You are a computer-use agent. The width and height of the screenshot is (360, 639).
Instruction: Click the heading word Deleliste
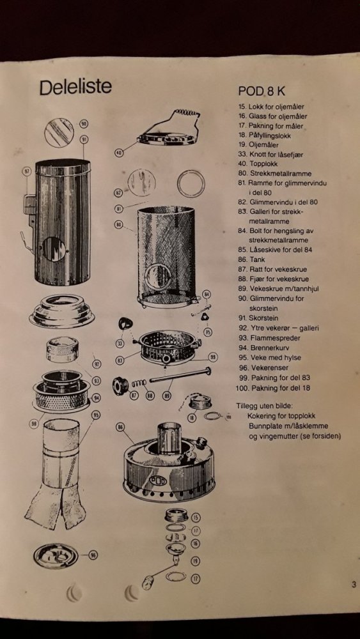(75, 87)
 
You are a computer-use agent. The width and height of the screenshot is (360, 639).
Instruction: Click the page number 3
(354, 585)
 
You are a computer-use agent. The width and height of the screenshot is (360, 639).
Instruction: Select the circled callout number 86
(121, 427)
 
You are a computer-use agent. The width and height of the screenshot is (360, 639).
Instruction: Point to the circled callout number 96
(93, 555)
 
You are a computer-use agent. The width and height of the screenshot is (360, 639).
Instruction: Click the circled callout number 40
(119, 153)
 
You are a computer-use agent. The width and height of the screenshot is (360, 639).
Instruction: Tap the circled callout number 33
(120, 344)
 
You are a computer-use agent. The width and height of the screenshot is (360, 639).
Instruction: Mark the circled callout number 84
(207, 294)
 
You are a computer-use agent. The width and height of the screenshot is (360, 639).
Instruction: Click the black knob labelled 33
(125, 324)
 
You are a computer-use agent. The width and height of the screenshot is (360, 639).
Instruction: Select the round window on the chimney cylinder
(54, 249)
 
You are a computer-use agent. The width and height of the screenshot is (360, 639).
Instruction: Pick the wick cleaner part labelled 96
(56, 556)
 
